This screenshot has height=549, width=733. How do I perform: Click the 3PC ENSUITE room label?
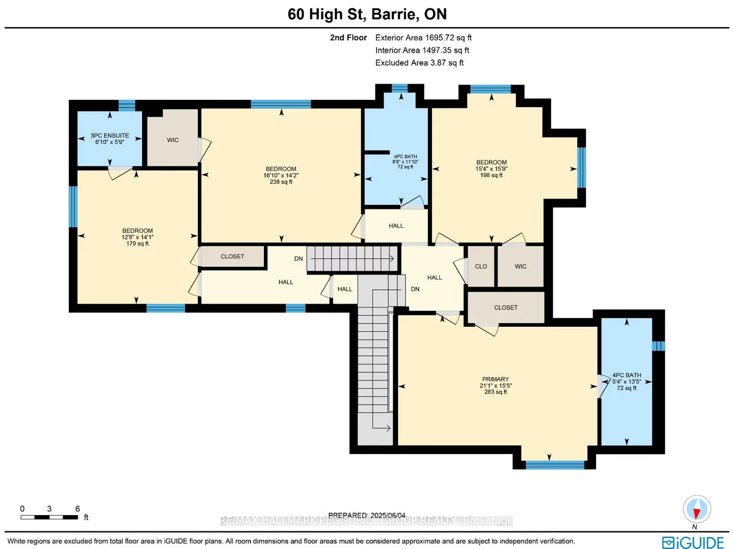pyautogui.click(x=110, y=135)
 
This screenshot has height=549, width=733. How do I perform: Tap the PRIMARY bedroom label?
pyautogui.click(x=495, y=379)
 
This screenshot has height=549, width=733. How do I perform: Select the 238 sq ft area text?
pyautogui.click(x=281, y=182)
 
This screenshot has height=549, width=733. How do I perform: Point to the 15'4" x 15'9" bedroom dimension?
pyautogui.click(x=491, y=169)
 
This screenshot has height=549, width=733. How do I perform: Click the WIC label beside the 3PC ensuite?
pyautogui.click(x=173, y=140)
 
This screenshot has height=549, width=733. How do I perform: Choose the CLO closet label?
pyautogui.click(x=480, y=266)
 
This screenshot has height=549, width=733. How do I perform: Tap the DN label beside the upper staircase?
pyautogui.click(x=298, y=259)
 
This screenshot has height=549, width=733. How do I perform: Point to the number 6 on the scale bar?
pyautogui.click(x=77, y=508)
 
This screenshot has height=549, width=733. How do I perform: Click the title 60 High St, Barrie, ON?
pyautogui.click(x=366, y=14)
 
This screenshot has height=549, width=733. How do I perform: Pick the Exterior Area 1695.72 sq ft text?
pyautogui.click(x=423, y=38)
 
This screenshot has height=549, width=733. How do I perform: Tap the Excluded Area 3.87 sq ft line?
pyautogui.click(x=419, y=63)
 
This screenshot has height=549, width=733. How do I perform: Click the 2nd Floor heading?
pyautogui.click(x=348, y=38)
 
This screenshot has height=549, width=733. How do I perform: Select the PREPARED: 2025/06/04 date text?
pyautogui.click(x=366, y=515)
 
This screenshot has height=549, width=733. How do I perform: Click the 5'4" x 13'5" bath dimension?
pyautogui.click(x=626, y=381)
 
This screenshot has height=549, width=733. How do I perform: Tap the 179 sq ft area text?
pyautogui.click(x=138, y=244)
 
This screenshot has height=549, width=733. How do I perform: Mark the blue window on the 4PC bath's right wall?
pyautogui.click(x=658, y=346)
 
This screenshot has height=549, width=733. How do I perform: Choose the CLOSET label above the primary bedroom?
pyautogui.click(x=505, y=308)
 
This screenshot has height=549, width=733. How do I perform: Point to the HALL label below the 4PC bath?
pyautogui.click(x=396, y=226)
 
